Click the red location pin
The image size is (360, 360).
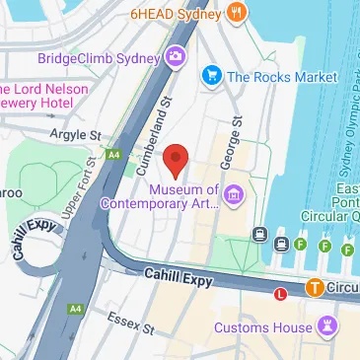tap(176, 159)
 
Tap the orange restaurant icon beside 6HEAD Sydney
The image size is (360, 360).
tap(235, 13)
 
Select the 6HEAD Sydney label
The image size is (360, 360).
tap(175, 14)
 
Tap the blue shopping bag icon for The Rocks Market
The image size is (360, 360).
tap(209, 75)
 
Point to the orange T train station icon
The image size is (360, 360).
tap(313, 288)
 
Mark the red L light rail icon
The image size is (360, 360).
tap(281, 293)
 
